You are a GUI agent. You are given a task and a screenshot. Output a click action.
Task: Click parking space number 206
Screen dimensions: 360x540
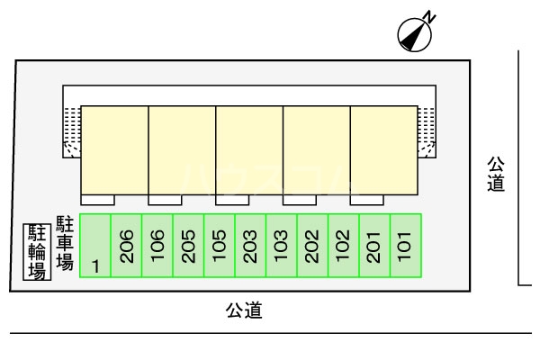(127, 246)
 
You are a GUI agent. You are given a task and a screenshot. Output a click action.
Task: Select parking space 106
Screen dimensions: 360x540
(157, 246)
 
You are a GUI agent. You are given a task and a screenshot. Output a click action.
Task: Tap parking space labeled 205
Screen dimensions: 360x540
(188, 246)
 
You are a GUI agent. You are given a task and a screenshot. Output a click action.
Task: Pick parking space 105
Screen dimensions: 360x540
(220, 246)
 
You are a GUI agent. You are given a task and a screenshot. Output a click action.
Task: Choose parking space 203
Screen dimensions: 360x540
(250, 246)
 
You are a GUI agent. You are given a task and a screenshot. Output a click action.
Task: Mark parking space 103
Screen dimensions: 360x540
(281, 246)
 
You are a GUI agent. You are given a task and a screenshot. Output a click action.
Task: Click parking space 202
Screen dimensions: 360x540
(312, 246)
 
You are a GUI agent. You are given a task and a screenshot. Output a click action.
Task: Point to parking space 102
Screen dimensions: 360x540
(343, 246)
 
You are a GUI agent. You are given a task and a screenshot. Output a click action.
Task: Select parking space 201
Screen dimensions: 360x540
(373, 246)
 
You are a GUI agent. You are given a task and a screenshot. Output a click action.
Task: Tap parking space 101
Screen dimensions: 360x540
(405, 246)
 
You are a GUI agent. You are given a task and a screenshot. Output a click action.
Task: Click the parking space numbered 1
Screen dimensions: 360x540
(95, 246)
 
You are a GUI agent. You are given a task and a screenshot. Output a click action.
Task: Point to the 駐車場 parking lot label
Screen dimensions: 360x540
(65, 242)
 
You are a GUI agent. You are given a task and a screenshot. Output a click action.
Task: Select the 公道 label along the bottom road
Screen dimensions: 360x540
(243, 311)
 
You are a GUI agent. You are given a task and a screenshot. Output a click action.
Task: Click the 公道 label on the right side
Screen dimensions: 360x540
(496, 175)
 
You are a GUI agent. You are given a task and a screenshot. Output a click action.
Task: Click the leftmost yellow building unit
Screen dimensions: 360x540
(115, 149)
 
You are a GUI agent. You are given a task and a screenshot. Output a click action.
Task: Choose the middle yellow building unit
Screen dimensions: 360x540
(249, 149)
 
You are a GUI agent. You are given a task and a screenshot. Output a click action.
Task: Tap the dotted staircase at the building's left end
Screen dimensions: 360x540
(71, 131)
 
